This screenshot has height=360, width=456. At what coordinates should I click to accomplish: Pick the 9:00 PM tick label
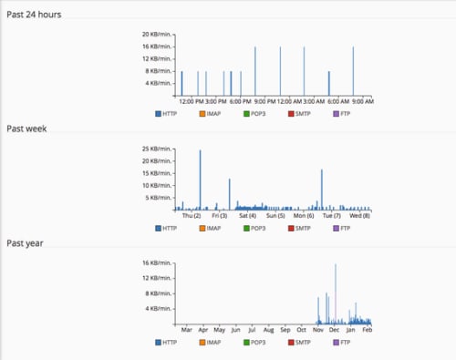266,101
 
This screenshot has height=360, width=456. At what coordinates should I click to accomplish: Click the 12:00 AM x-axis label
291,101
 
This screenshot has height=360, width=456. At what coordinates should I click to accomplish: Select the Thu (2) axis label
192,216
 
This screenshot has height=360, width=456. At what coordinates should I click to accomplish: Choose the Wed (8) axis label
359,216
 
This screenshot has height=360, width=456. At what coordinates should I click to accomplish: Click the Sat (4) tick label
247,216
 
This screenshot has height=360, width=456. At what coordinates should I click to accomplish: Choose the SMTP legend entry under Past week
302,228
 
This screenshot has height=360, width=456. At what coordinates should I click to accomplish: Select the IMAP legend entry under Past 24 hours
208,114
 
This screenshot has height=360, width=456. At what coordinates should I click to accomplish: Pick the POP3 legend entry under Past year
256,342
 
